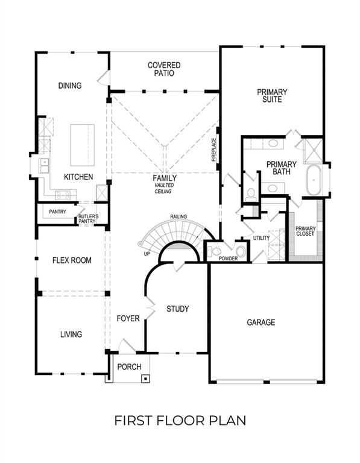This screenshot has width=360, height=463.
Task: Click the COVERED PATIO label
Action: click(164, 69)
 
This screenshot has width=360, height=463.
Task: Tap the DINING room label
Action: click(69, 86)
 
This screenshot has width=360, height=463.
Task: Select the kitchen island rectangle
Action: click(84, 145)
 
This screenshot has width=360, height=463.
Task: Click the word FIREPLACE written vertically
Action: click(213, 150)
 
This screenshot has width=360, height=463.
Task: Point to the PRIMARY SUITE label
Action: click(272, 96)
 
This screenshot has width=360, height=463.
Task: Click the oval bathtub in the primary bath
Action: click(314, 180)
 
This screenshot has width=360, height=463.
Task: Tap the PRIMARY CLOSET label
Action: click(305, 231)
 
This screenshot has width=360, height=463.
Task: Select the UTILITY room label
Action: click(261, 238)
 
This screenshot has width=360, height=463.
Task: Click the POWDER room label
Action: click(229, 259)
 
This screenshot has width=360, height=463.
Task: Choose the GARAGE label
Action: click(261, 323)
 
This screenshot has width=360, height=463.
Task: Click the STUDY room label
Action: click(178, 309)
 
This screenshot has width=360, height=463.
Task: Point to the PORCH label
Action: click(128, 367)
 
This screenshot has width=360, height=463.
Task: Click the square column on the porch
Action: click(145, 379)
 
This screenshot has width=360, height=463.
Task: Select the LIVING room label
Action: click(71, 334)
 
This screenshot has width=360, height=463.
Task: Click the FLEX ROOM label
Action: click(72, 260)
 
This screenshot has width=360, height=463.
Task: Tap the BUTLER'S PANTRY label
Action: click(87, 219)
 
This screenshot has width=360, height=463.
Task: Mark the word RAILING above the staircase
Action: click(178, 216)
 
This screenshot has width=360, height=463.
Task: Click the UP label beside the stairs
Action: click(146, 253)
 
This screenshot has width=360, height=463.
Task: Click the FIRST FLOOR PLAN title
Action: click(180, 420)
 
